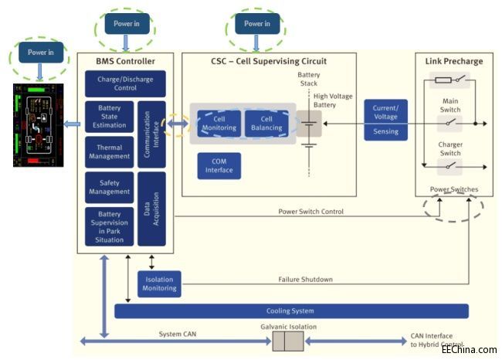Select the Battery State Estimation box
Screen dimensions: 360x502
click(x=109, y=117)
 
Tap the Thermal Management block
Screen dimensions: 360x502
click(x=109, y=151)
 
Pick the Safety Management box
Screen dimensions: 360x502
click(x=109, y=186)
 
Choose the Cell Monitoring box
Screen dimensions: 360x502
click(x=219, y=124)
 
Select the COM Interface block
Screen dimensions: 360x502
click(x=219, y=165)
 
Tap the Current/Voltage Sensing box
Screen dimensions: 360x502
click(x=385, y=120)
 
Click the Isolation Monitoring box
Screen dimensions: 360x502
click(x=158, y=283)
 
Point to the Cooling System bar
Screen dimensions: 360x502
click(x=290, y=311)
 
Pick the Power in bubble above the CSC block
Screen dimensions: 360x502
click(x=256, y=24)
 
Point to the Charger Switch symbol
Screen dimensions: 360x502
click(x=449, y=165)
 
